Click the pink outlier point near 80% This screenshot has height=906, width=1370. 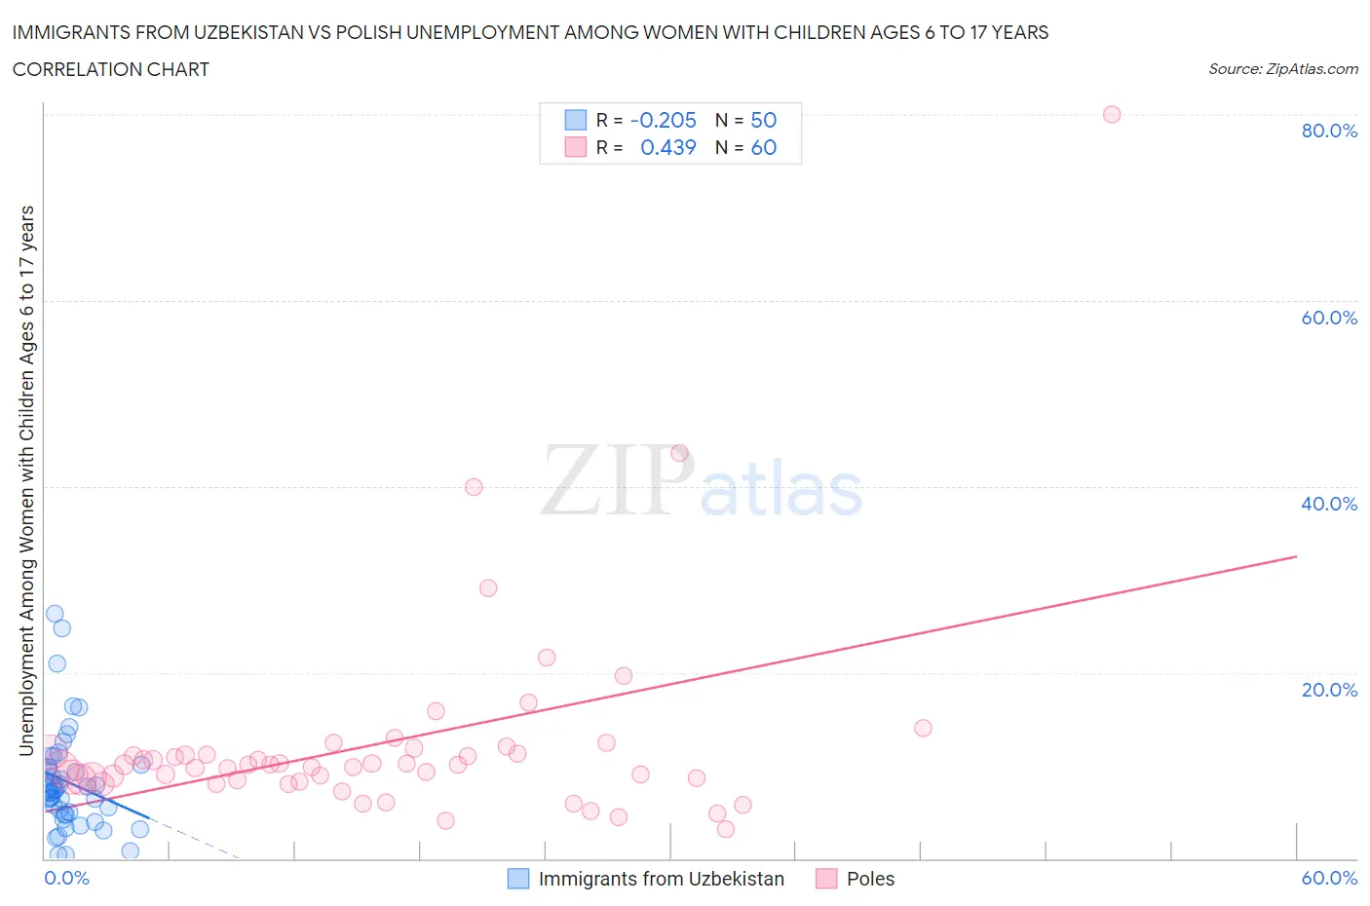pyautogui.click(x=1111, y=114)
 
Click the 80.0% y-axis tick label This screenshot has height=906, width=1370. pyautogui.click(x=1329, y=131)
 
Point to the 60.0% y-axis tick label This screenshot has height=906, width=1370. pyautogui.click(x=1329, y=318)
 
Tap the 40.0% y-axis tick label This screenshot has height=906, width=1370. pyautogui.click(x=1329, y=504)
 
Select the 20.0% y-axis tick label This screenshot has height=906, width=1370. pyautogui.click(x=1329, y=690)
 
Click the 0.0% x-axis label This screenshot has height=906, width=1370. pyautogui.click(x=66, y=878)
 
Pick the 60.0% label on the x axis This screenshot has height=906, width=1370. pyautogui.click(x=1329, y=878)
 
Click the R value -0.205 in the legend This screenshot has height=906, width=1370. pyautogui.click(x=663, y=120)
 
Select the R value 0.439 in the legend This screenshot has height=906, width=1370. pyautogui.click(x=667, y=147)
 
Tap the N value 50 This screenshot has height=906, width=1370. pyautogui.click(x=763, y=120)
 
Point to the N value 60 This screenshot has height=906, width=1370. pyautogui.click(x=763, y=147)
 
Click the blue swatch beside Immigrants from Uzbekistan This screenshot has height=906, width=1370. pyautogui.click(x=518, y=879)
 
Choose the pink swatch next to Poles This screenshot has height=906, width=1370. pyautogui.click(x=826, y=879)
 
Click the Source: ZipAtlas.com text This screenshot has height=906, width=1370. pyautogui.click(x=1282, y=69)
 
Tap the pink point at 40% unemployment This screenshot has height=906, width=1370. pyautogui.click(x=474, y=487)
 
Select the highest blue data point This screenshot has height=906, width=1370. pyautogui.click(x=55, y=614)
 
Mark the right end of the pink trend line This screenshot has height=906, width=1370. pyautogui.click(x=1296, y=556)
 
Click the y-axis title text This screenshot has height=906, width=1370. pyautogui.click(x=26, y=480)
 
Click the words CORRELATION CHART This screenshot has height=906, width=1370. pyautogui.click(x=110, y=69)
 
